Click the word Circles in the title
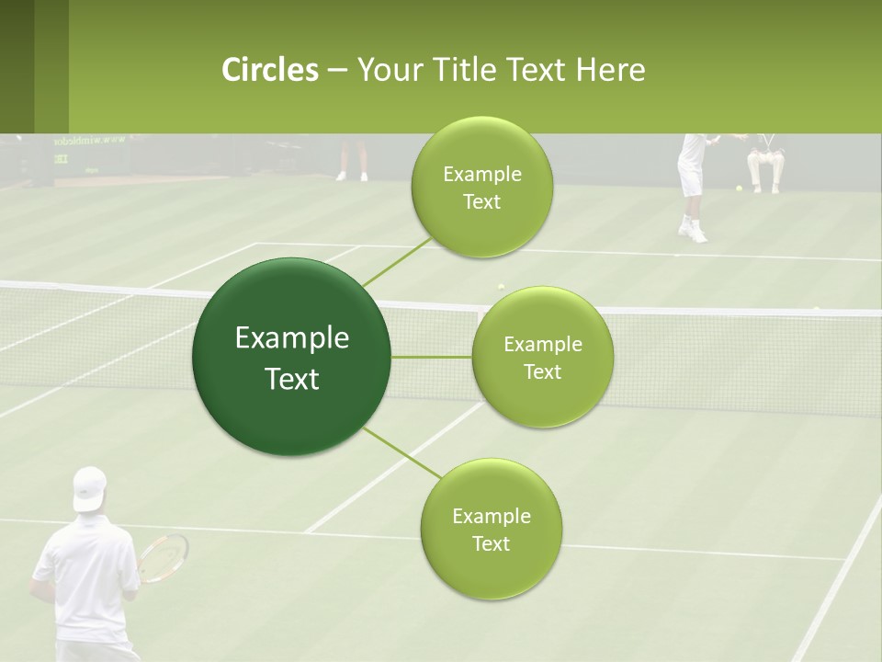click(269, 69)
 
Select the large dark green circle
click(291, 357)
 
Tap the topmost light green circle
click(481, 187)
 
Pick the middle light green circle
click(542, 357)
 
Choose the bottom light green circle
click(491, 529)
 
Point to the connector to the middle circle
click(431, 357)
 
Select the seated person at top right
click(764, 161)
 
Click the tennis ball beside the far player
click(738, 188)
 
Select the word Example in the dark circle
click(291, 338)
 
